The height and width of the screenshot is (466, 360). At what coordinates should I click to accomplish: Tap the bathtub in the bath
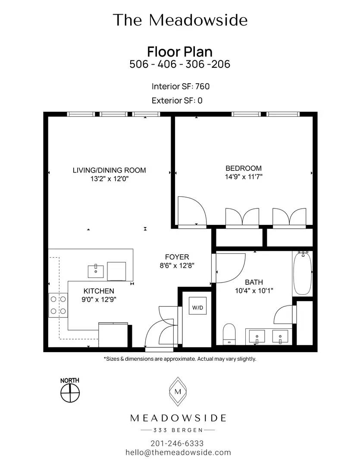coord(302,273)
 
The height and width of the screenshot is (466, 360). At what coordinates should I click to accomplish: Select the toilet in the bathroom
coord(229,334)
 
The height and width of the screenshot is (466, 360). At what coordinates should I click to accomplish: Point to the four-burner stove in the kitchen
coord(58,305)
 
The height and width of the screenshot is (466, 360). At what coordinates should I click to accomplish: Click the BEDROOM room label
coord(244,168)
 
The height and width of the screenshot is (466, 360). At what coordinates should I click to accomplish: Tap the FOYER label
coord(177,257)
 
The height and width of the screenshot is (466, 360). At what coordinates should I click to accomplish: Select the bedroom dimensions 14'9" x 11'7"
coord(244,177)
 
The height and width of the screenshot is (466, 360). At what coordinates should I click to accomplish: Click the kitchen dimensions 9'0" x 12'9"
coord(99,299)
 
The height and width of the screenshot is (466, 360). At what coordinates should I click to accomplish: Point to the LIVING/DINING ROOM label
coord(110,170)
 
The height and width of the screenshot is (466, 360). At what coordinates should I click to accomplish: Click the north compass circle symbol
coord(70,393)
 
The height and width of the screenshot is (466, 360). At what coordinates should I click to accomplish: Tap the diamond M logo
coord(178,391)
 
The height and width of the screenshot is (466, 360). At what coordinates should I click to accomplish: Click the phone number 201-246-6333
coord(177,444)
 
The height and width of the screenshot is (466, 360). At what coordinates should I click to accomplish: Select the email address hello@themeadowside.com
coord(178,453)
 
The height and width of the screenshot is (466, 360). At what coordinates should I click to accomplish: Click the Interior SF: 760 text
coord(181,86)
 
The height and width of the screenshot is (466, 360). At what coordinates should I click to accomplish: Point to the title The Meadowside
coord(180,20)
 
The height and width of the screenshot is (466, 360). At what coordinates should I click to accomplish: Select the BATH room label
coord(254,282)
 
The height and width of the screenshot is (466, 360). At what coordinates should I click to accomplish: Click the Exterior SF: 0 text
coord(177,101)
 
